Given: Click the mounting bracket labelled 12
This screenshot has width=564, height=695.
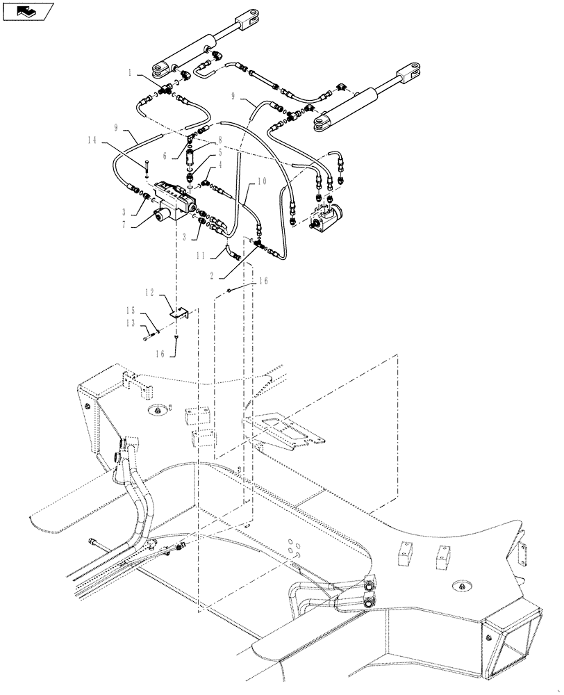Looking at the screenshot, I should pos(179,313).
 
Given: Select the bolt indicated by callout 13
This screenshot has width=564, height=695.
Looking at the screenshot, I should pos(148,337).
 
